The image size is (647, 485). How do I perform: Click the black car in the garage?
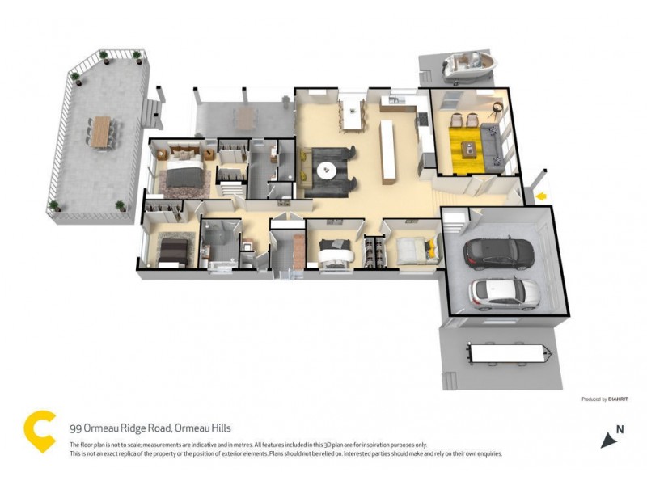[499, 254]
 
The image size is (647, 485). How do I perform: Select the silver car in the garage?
[504, 291]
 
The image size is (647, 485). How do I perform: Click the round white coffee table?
[328, 171]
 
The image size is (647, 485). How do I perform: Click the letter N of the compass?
[620, 430]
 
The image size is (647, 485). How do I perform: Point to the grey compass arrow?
[608, 441]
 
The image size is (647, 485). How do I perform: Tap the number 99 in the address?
[75, 428]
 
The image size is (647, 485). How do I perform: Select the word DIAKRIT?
[620, 399]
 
